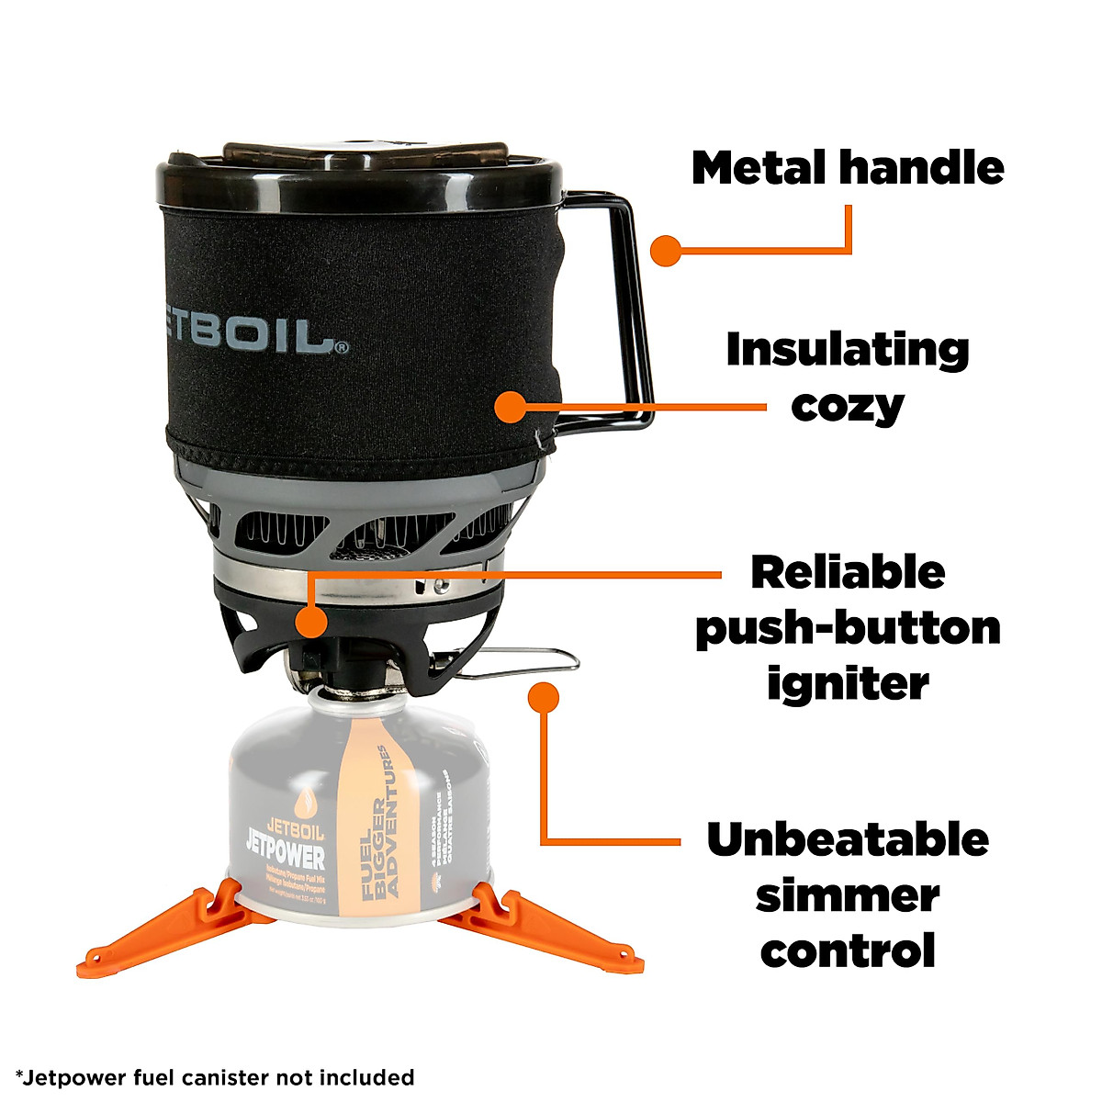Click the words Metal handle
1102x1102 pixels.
coord(848,168)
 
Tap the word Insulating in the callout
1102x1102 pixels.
coord(848,350)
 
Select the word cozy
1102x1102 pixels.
coord(848,405)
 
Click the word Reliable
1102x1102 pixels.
coord(848,572)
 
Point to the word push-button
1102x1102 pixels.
coord(848,628)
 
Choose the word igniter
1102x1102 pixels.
coord(848,683)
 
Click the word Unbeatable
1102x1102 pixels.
coord(848,839)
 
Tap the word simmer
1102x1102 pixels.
coord(848,894)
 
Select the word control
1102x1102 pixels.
coord(848,950)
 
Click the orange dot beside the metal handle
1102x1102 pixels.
coord(664,250)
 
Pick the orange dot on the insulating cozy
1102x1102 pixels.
coord(509,407)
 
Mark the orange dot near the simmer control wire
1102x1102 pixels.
coord(545,697)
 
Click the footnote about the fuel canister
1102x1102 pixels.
coord(215,1076)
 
